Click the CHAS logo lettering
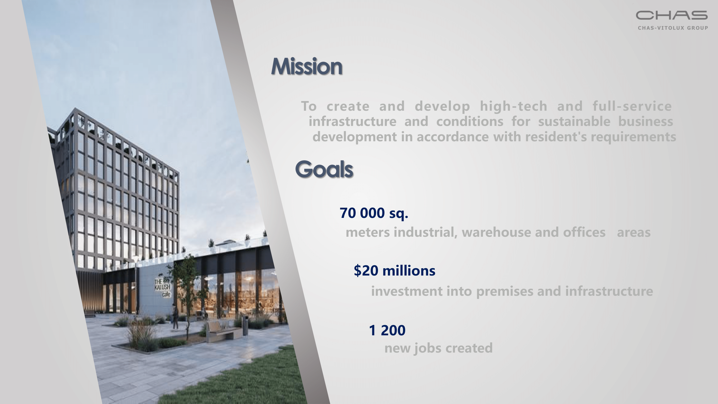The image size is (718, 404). [x=671, y=15]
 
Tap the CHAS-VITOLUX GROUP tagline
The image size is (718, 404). [x=673, y=28]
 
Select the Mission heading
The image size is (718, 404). [x=307, y=66]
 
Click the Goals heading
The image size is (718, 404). [x=324, y=169]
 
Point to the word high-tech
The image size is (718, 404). [x=513, y=106]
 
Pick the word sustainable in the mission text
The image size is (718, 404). [x=574, y=121]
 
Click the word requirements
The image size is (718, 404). [x=633, y=137]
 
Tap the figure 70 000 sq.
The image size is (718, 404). [x=374, y=213]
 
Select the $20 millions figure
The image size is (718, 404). [x=394, y=270]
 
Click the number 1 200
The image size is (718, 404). [x=387, y=330]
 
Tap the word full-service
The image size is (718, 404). [x=632, y=106]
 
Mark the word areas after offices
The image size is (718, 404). [x=633, y=232]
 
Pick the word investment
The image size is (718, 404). [x=407, y=291]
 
